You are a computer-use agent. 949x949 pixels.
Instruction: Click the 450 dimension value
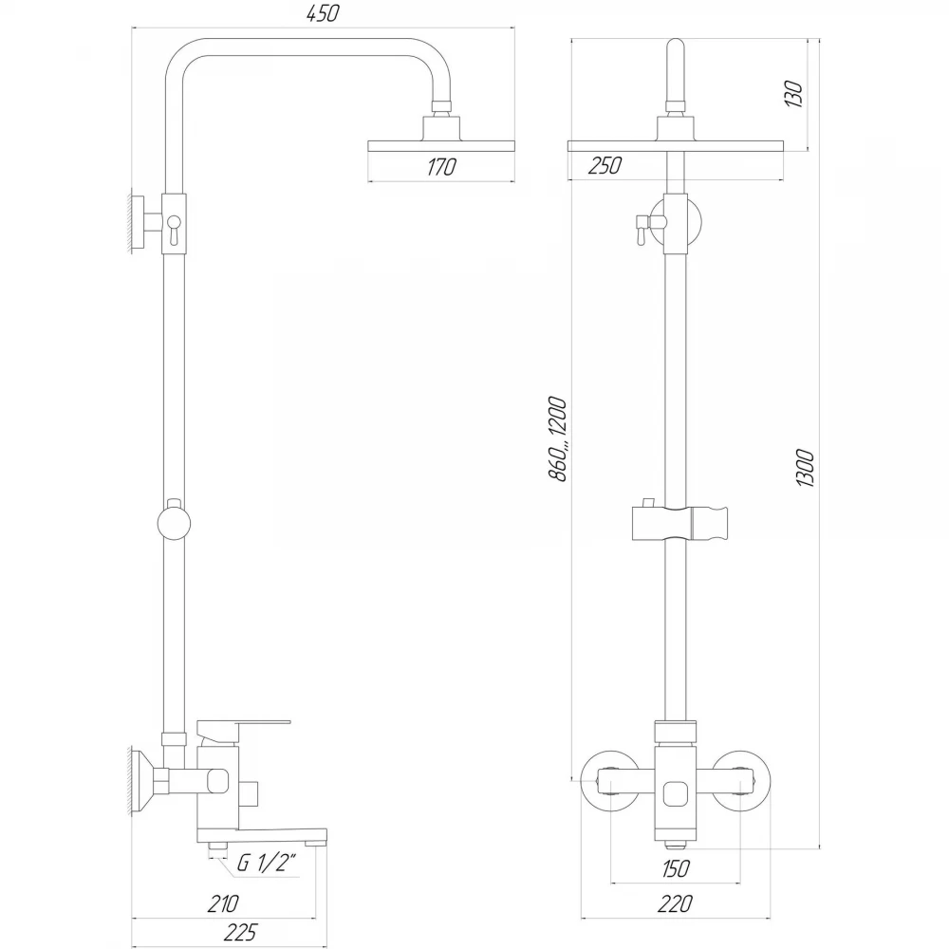(x=323, y=13)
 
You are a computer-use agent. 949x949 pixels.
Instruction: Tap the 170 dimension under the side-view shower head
(x=441, y=166)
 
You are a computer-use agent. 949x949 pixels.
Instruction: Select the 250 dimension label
(x=604, y=165)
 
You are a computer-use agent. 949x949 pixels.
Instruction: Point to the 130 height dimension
(x=793, y=94)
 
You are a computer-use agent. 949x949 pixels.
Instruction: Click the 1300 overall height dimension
(x=805, y=468)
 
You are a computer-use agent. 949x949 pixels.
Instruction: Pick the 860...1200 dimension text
(x=557, y=438)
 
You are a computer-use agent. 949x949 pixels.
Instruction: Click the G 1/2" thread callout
(x=268, y=863)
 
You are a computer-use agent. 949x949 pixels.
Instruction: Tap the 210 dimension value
(x=223, y=903)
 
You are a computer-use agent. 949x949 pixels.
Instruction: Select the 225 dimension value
(x=240, y=933)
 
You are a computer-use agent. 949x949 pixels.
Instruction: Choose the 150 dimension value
(x=675, y=868)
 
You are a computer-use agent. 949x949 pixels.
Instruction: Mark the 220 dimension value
(x=674, y=903)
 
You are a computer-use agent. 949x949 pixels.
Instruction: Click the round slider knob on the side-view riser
(x=174, y=524)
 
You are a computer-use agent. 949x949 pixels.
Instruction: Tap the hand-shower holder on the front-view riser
(x=679, y=523)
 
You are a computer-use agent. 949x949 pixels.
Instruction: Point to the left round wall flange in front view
(x=608, y=781)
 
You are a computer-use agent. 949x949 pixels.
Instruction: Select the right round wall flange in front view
(x=741, y=781)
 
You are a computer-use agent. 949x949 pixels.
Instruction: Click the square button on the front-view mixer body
(x=675, y=794)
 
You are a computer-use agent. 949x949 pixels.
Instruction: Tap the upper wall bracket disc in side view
(x=139, y=223)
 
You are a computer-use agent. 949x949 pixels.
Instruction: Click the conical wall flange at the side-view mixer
(x=142, y=781)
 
